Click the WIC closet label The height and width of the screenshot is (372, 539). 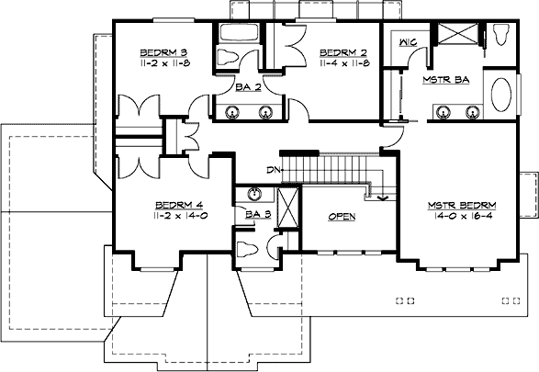point(409,41)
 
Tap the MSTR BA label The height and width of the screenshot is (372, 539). point(446,80)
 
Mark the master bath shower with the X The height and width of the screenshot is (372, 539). point(456,36)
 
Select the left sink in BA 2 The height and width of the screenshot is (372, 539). point(230,112)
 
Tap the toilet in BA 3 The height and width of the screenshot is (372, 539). point(244,249)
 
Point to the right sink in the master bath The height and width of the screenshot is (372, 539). point(475,112)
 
